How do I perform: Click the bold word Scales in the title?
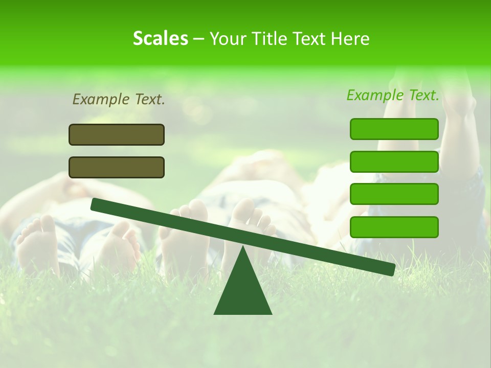tap(160, 39)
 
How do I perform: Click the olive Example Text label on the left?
tap(119, 100)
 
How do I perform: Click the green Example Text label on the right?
tap(393, 96)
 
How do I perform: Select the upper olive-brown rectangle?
tap(117, 135)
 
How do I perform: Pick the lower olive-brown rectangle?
tap(117, 168)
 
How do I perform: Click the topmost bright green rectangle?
tap(394, 129)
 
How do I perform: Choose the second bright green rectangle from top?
tap(394, 162)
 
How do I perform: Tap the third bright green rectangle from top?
tap(394, 194)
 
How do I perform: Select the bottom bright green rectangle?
tap(394, 227)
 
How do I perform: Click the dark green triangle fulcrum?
tap(243, 291)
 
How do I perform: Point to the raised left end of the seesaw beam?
tap(95, 204)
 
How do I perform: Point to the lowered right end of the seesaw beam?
tap(391, 269)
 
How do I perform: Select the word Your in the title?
tap(227, 39)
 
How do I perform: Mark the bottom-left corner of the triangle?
tap(215, 313)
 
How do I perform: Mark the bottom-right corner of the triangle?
tap(271, 313)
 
